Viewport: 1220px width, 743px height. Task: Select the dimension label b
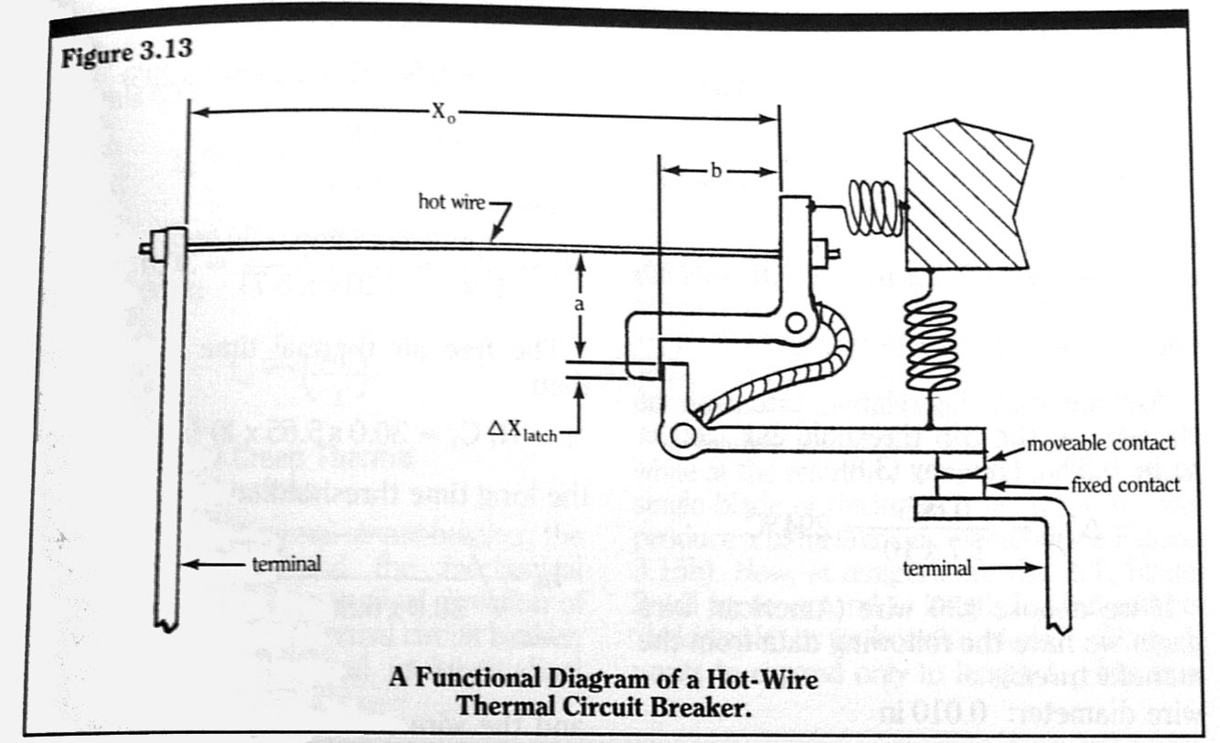[x=718, y=171]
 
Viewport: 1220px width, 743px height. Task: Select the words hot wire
[x=450, y=198]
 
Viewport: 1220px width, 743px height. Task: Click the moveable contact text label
[x=1099, y=444]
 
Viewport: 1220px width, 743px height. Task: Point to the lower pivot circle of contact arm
[x=680, y=431]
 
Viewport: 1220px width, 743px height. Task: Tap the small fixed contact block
[x=967, y=484]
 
